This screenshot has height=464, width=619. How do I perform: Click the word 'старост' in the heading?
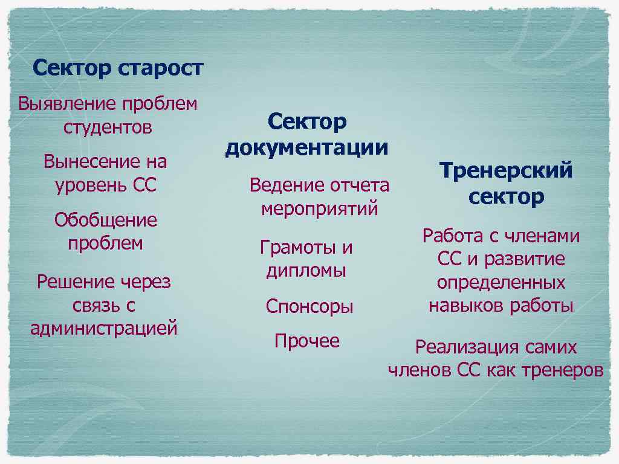pyautogui.click(x=161, y=68)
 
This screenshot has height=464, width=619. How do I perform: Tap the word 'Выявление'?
pyautogui.click(x=66, y=104)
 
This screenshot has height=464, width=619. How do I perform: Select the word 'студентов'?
pyautogui.click(x=108, y=128)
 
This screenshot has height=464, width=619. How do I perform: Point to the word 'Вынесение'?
pyautogui.click(x=90, y=162)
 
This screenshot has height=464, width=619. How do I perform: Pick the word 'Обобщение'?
pyautogui.click(x=105, y=220)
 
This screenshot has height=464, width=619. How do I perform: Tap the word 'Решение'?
pyautogui.click(x=76, y=282)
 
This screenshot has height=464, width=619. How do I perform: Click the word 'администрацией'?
pyautogui.click(x=104, y=329)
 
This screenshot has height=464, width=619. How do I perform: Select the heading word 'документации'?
pyautogui.click(x=306, y=148)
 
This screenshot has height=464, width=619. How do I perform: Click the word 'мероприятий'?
pyautogui.click(x=320, y=209)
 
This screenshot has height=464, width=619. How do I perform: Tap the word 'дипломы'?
pyautogui.click(x=306, y=271)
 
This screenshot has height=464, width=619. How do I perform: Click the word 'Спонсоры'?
pyautogui.click(x=309, y=307)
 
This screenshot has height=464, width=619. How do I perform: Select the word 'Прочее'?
pyautogui.click(x=307, y=341)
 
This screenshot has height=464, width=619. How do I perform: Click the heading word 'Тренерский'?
pyautogui.click(x=506, y=171)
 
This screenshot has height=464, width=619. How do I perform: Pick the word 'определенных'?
pyautogui.click(x=501, y=283)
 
